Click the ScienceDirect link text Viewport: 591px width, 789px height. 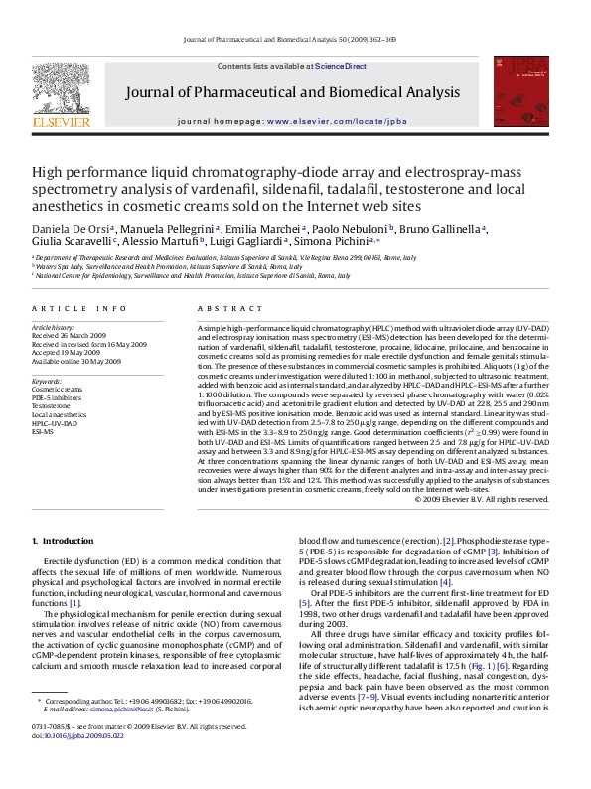click(341, 66)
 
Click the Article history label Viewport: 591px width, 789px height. click(53, 327)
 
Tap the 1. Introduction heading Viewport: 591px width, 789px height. click(64, 540)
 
